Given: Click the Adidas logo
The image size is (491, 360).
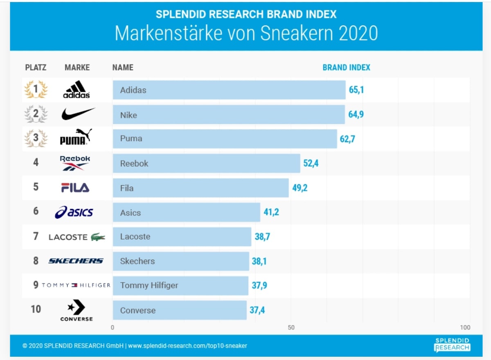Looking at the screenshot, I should pyautogui.click(x=77, y=89).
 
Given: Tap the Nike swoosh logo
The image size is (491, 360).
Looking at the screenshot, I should pyautogui.click(x=78, y=113).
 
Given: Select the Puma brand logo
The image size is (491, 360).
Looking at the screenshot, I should pyautogui.click(x=76, y=138).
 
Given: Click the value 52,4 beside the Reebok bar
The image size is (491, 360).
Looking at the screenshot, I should pyautogui.click(x=311, y=163).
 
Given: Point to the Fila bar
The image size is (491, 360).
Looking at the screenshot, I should pyautogui.click(x=200, y=188).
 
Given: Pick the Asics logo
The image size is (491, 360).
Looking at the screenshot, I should pyautogui.click(x=74, y=212).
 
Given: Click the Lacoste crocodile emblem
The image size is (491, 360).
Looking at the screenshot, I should pyautogui.click(x=98, y=237).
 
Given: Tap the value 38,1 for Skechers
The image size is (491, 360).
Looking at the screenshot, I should pyautogui.click(x=259, y=261).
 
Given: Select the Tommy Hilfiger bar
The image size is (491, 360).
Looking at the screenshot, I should pyautogui.click(x=180, y=285).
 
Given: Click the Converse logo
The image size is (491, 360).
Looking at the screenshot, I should pyautogui.click(x=77, y=310).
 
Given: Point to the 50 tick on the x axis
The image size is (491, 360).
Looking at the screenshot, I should pyautogui.click(x=291, y=327).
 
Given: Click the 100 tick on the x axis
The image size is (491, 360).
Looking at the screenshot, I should pyautogui.click(x=465, y=327).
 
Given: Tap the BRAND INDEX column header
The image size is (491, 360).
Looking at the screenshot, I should pyautogui.click(x=346, y=68).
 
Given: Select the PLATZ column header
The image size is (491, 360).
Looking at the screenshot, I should pyautogui.click(x=36, y=68).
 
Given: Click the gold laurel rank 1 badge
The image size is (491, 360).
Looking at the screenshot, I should pyautogui.click(x=36, y=89).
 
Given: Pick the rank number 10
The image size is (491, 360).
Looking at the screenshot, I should pyautogui.click(x=36, y=309).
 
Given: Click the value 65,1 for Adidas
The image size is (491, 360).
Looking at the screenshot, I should pyautogui.click(x=356, y=90).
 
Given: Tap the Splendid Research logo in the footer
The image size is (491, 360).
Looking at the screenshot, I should pyautogui.click(x=452, y=345).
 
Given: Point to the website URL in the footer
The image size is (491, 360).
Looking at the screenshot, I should pyautogui.click(x=187, y=346).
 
